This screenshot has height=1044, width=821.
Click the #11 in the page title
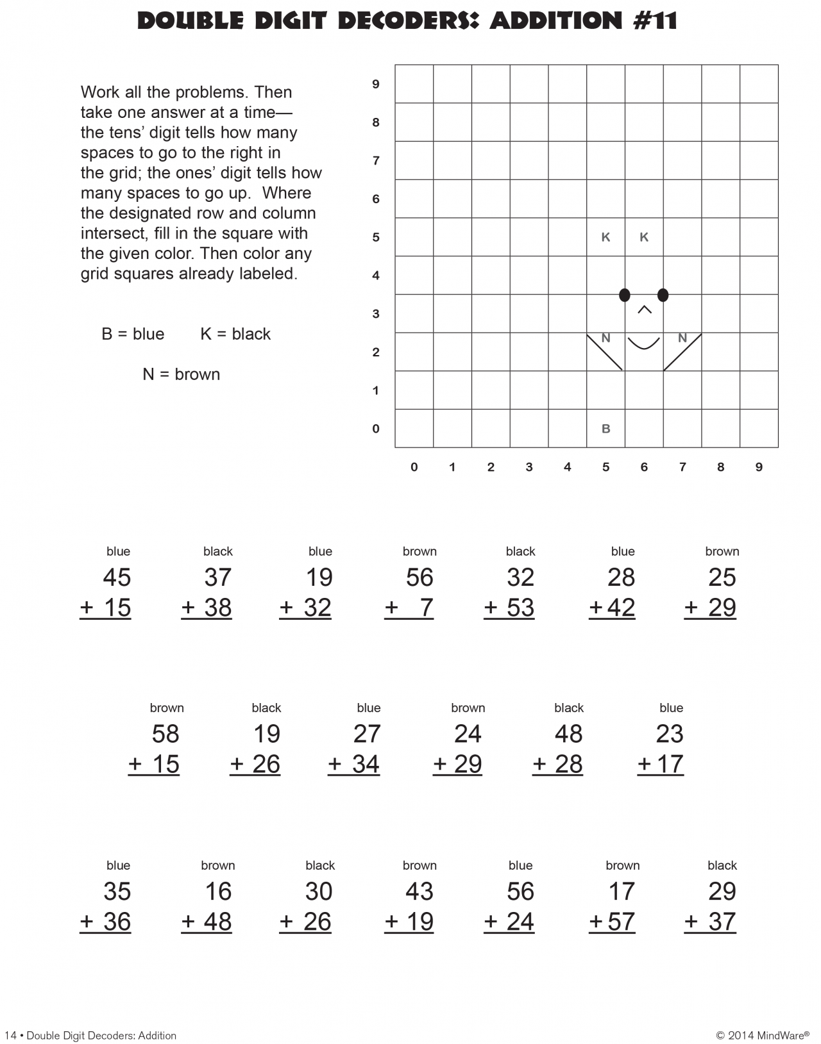point(655,21)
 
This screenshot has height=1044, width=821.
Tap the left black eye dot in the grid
point(624,295)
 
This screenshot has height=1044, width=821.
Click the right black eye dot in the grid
point(663,295)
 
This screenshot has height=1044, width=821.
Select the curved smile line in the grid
point(643,344)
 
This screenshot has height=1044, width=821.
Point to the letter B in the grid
point(605,429)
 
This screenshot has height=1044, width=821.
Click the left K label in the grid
point(605,237)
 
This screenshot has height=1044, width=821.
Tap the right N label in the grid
point(682,338)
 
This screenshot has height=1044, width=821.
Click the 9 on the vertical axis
point(376,84)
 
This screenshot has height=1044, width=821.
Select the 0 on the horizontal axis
point(414,467)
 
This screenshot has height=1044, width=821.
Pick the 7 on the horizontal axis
point(682,467)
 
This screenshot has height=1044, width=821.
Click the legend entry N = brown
point(181,374)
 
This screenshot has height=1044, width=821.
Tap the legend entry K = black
point(235,334)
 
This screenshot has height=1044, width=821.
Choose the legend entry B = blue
point(133,334)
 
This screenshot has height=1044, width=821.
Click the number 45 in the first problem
point(117,577)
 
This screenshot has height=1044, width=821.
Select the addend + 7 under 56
point(409,608)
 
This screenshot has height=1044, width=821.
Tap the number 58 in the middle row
point(165,734)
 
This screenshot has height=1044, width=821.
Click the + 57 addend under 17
point(612,922)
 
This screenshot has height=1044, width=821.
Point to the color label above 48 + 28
point(568,708)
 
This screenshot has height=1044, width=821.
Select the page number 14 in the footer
point(10,1035)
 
